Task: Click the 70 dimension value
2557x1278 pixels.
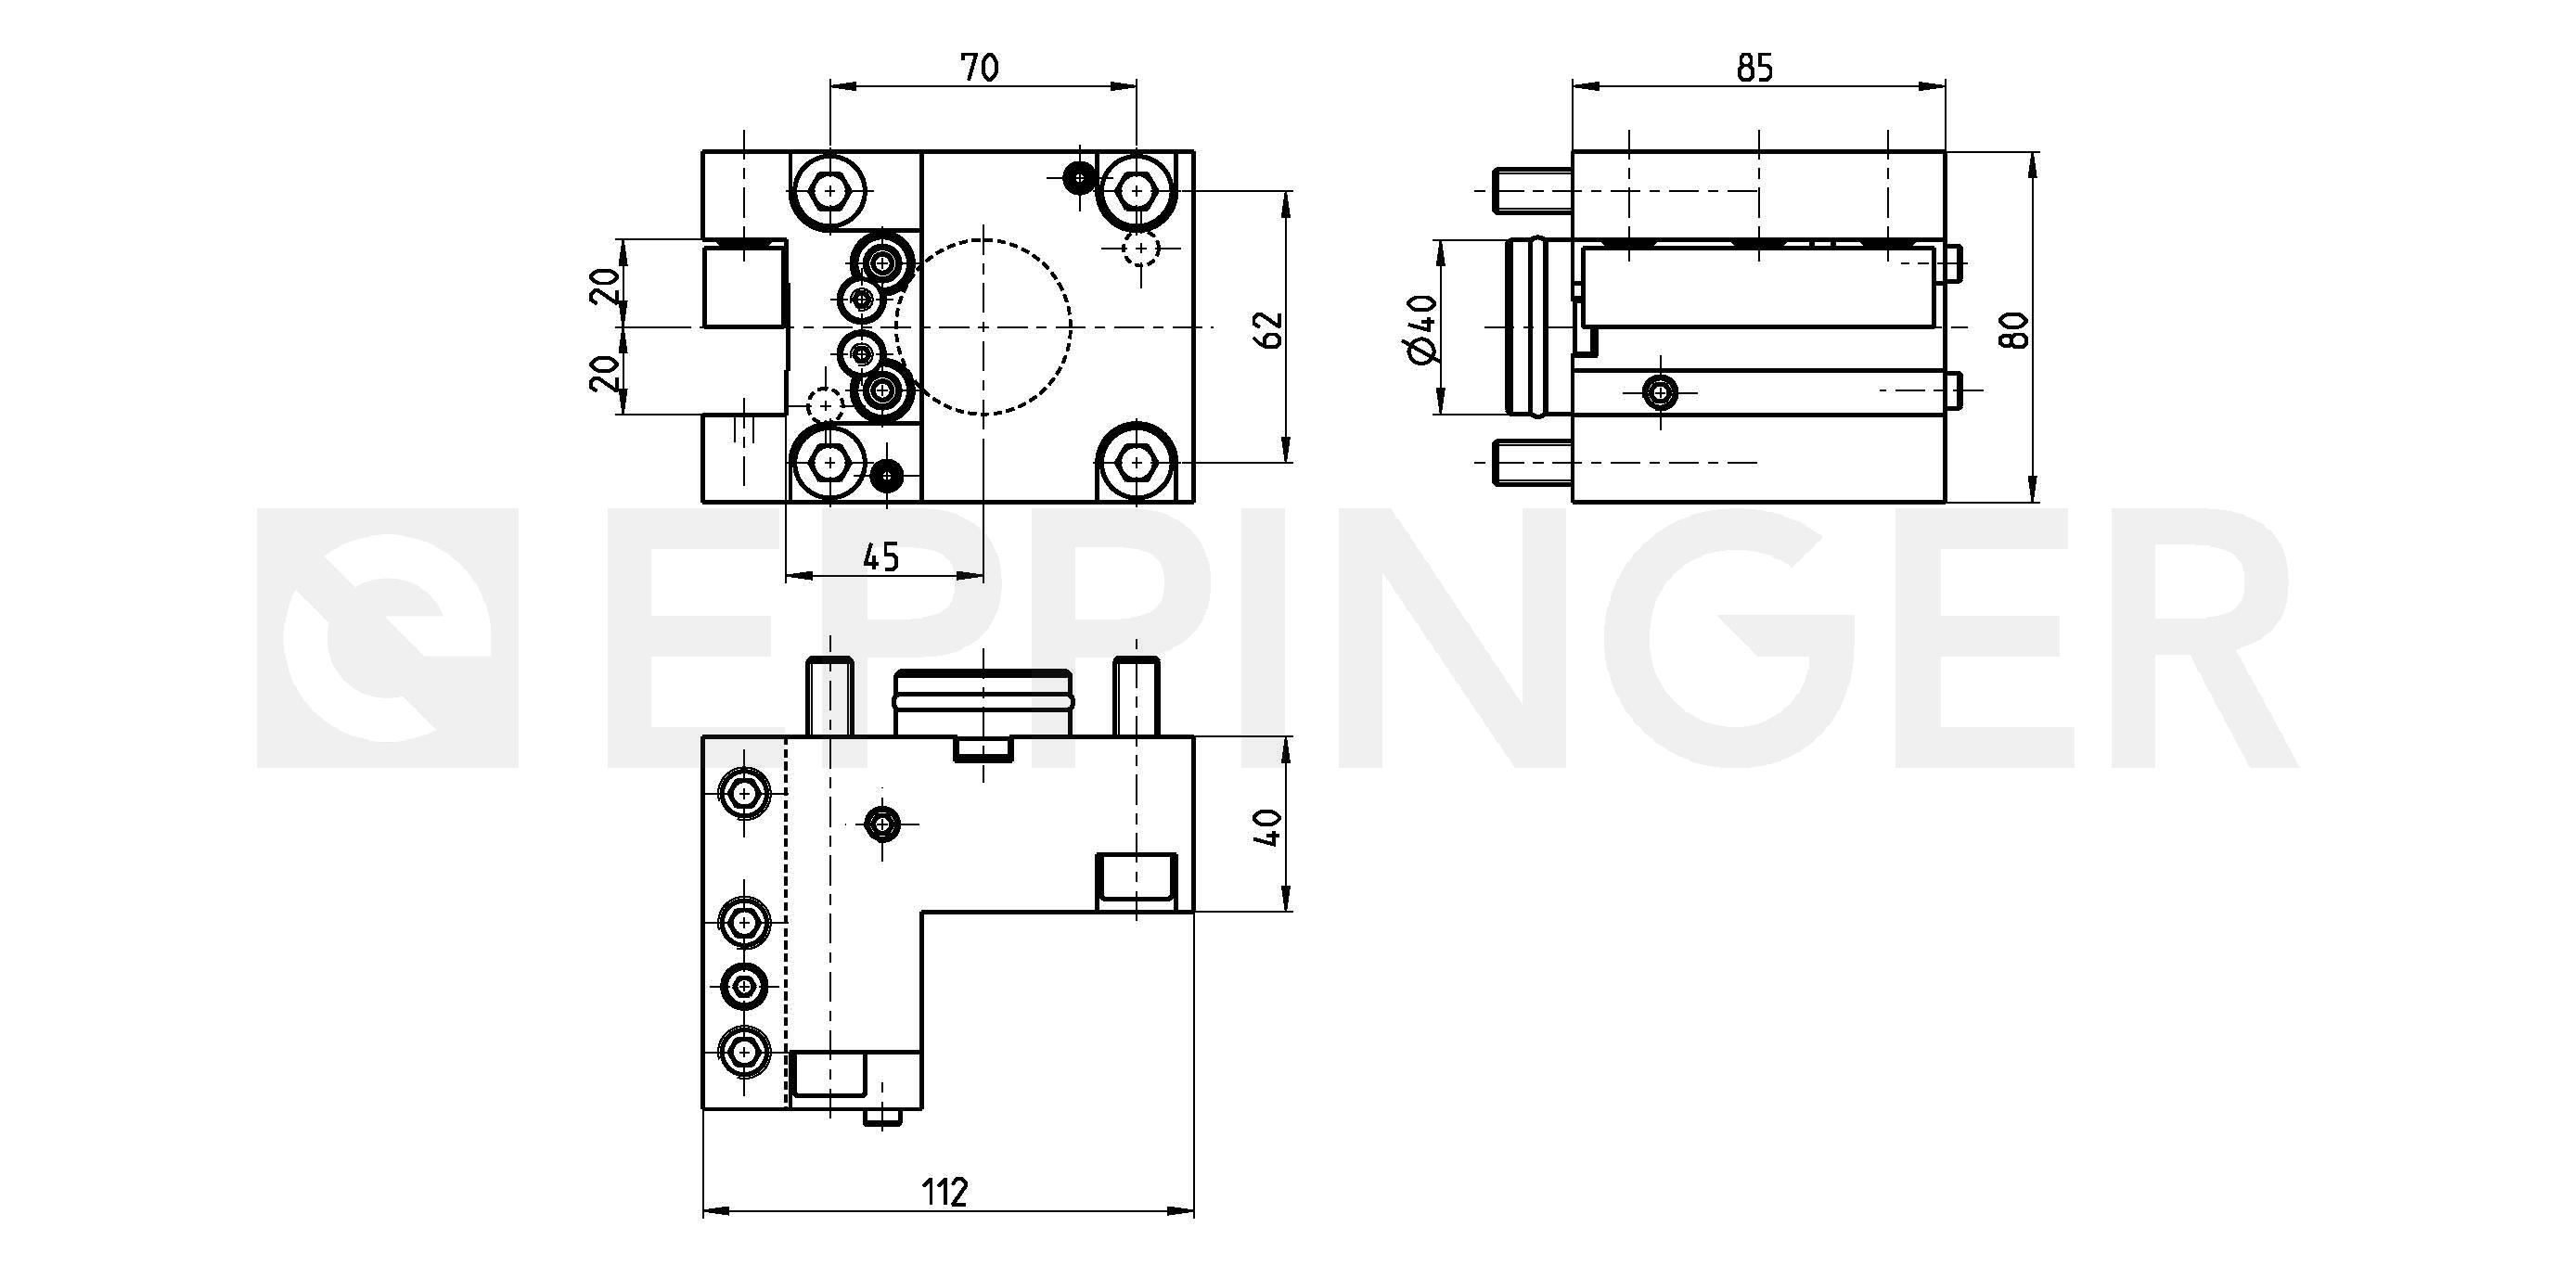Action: [979, 68]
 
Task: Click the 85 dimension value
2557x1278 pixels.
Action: [1754, 68]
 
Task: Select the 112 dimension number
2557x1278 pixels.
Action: [944, 1192]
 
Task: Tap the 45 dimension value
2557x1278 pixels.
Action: [880, 556]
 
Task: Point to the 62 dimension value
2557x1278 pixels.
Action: [1268, 329]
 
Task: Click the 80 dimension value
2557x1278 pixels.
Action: [2014, 329]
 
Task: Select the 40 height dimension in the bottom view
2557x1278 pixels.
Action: [1268, 826]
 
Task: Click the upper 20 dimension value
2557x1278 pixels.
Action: [606, 285]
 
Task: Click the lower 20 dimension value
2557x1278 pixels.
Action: [606, 372]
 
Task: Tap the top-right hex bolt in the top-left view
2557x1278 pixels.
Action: [1137, 189]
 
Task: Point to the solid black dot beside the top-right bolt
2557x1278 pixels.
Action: [1078, 179]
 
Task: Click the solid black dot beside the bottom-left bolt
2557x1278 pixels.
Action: [885, 478]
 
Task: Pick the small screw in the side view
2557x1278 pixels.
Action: [1659, 392]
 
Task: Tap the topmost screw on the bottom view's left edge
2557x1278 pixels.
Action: [743, 793]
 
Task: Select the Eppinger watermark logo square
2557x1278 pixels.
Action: [387, 638]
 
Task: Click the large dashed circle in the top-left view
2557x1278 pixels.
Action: [1071, 326]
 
